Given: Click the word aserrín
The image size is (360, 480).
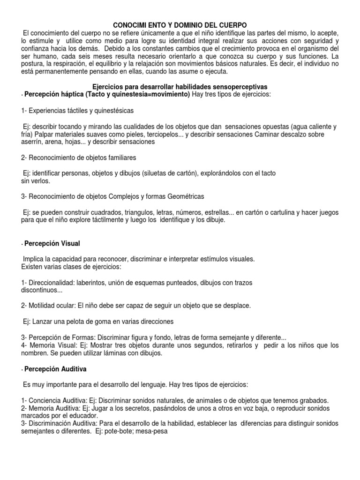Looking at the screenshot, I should pos(31,142).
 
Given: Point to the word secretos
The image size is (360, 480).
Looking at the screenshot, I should pos(121,408).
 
